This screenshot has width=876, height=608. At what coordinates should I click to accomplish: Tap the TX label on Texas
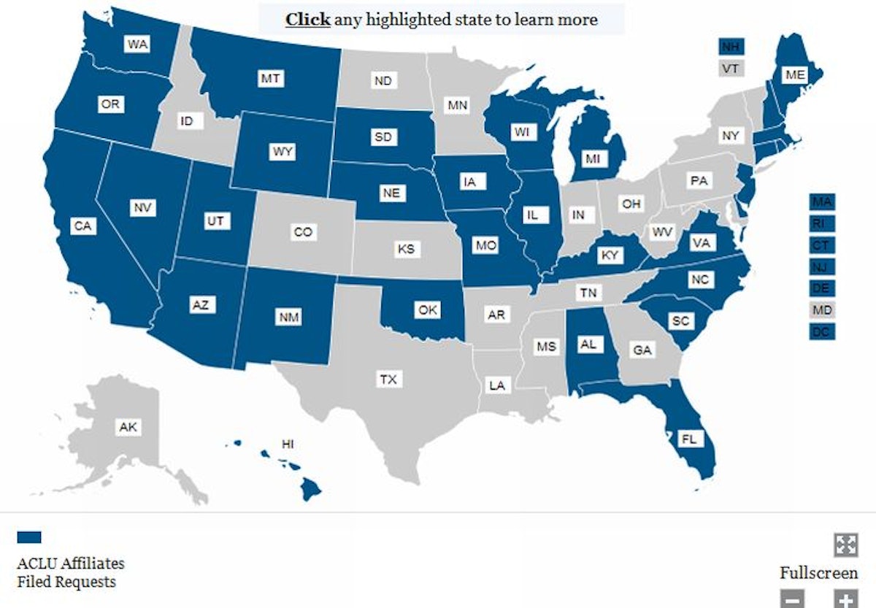point(387,380)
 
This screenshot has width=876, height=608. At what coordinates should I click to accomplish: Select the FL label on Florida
point(688,439)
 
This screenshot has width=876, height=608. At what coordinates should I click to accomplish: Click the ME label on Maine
point(794,74)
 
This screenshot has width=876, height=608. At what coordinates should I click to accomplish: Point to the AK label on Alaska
point(128,428)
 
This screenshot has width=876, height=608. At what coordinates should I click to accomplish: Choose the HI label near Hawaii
point(288,444)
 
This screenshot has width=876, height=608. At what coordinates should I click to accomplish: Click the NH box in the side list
point(730,47)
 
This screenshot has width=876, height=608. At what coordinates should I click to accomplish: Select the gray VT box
point(730,69)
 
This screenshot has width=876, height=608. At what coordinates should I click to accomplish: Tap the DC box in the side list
point(822,332)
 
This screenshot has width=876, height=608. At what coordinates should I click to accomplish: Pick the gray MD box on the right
point(822,310)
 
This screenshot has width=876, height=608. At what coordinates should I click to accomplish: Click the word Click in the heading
point(307,19)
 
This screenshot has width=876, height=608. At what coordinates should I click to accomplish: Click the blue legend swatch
point(29,537)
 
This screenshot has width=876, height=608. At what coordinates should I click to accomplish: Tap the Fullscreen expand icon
point(845,544)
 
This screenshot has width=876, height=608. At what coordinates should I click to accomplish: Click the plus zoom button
point(845,599)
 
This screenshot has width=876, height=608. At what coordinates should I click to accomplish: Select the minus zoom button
point(793,599)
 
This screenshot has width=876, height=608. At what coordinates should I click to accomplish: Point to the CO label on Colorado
point(303,232)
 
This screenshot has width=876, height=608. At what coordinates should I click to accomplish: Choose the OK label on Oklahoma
point(428,310)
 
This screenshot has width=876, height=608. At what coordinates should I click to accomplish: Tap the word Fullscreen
point(818,573)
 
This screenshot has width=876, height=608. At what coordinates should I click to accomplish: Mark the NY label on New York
point(730,136)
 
